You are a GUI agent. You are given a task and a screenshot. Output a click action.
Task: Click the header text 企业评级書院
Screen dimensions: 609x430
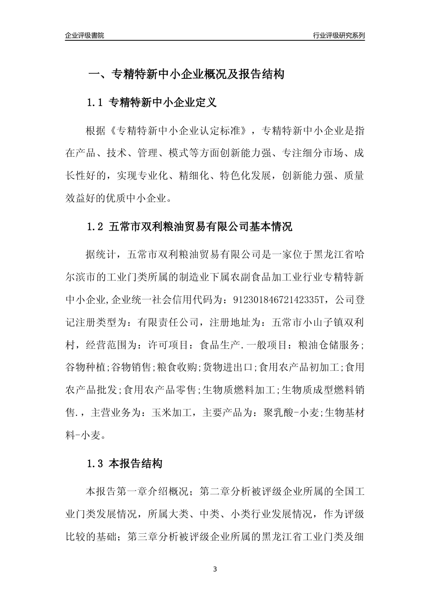[85, 35]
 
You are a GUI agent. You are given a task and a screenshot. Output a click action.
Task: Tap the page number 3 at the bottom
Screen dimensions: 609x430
[215, 569]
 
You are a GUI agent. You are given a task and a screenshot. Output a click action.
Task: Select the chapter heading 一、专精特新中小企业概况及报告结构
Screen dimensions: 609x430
[186, 74]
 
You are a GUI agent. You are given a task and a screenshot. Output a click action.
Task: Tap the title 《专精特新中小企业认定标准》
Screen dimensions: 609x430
[180, 131]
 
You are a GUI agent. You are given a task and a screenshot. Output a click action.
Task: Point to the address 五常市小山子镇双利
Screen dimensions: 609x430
[317, 323]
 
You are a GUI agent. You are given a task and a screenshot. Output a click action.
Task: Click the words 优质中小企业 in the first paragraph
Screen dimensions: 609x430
[136, 198]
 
